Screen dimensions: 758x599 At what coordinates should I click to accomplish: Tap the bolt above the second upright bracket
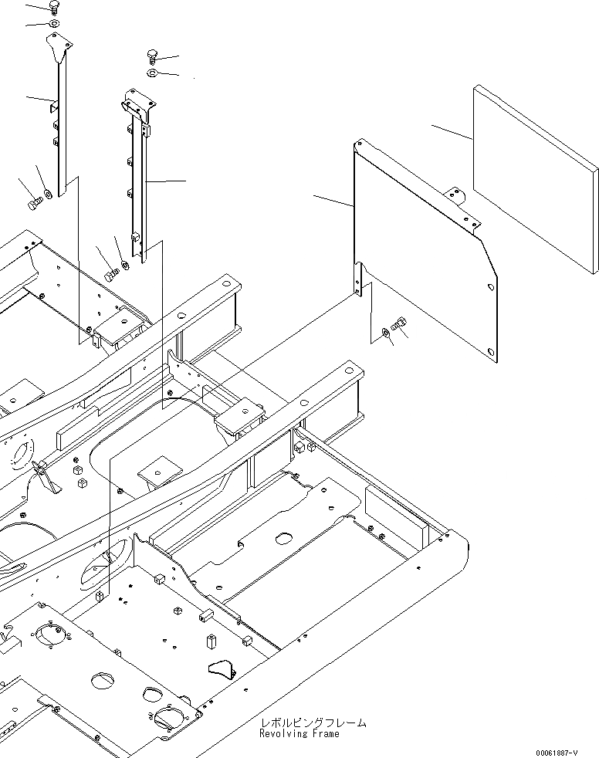pyautogui.click(x=152, y=56)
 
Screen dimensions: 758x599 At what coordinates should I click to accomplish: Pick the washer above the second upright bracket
pyautogui.click(x=152, y=73)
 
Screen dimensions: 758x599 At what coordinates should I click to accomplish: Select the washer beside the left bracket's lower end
pyautogui.click(x=48, y=192)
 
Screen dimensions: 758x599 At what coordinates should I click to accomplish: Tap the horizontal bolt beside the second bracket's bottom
pyautogui.click(x=110, y=273)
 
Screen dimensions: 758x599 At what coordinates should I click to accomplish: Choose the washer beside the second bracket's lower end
pyautogui.click(x=124, y=262)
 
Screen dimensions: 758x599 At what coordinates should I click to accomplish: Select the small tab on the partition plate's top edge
pyautogui.click(x=457, y=196)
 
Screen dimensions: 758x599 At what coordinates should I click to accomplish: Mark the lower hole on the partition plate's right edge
pyautogui.click(x=492, y=354)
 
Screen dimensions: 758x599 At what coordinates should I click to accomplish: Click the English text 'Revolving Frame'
pyautogui.click(x=299, y=734)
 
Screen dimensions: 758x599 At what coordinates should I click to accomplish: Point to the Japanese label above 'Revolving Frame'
pyautogui.click(x=313, y=722)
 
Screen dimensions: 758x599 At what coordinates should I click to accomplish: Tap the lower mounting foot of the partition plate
pyautogui.click(x=358, y=279)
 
